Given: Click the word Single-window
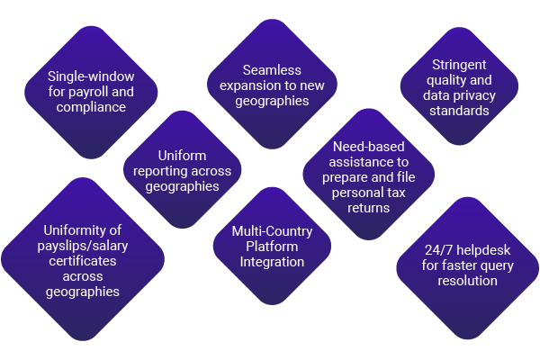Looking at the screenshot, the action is click(91, 76).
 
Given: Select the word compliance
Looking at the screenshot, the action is click(91, 107).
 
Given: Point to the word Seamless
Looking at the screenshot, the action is click(272, 70).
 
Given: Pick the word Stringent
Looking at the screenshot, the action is click(459, 65).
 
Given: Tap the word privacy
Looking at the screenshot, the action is click(479, 95).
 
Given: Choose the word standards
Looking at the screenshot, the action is click(459, 111).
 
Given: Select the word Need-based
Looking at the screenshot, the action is click(368, 147).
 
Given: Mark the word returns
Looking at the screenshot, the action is click(368, 208).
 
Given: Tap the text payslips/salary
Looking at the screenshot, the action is click(83, 246).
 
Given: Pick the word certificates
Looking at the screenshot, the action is click(83, 261).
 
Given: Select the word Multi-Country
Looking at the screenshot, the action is click(272, 231).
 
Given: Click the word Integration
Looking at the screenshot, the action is click(272, 262).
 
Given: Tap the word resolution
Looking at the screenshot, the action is click(467, 281).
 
